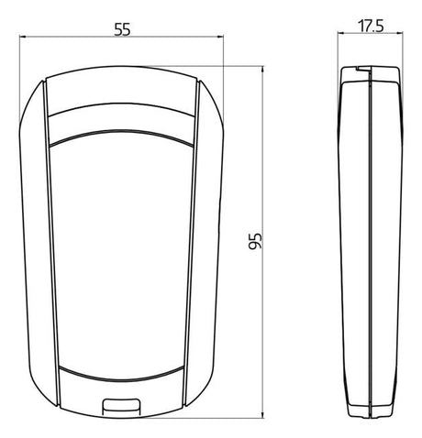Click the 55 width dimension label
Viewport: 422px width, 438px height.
122,29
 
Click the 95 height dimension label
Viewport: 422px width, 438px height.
255,241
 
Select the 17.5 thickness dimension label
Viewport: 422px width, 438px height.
371,26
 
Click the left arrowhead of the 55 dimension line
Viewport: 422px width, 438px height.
23,37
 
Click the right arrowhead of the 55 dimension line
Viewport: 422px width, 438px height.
220,37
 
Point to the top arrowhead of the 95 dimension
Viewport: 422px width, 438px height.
262,70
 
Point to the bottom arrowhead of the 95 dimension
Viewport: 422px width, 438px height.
262,414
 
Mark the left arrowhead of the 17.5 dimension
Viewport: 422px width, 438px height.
341,33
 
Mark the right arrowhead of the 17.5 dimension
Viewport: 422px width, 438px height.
399,33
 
